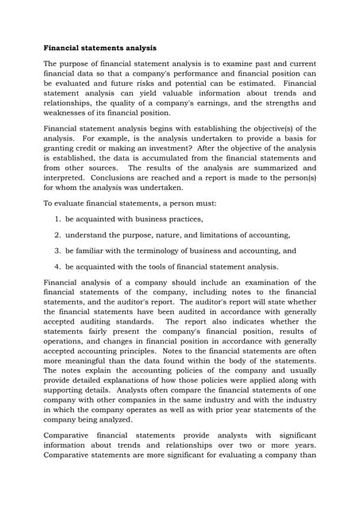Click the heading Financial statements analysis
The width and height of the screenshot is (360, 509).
point(99,48)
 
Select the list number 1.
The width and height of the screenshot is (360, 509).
point(58,219)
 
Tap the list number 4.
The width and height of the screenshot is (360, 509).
point(58,266)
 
